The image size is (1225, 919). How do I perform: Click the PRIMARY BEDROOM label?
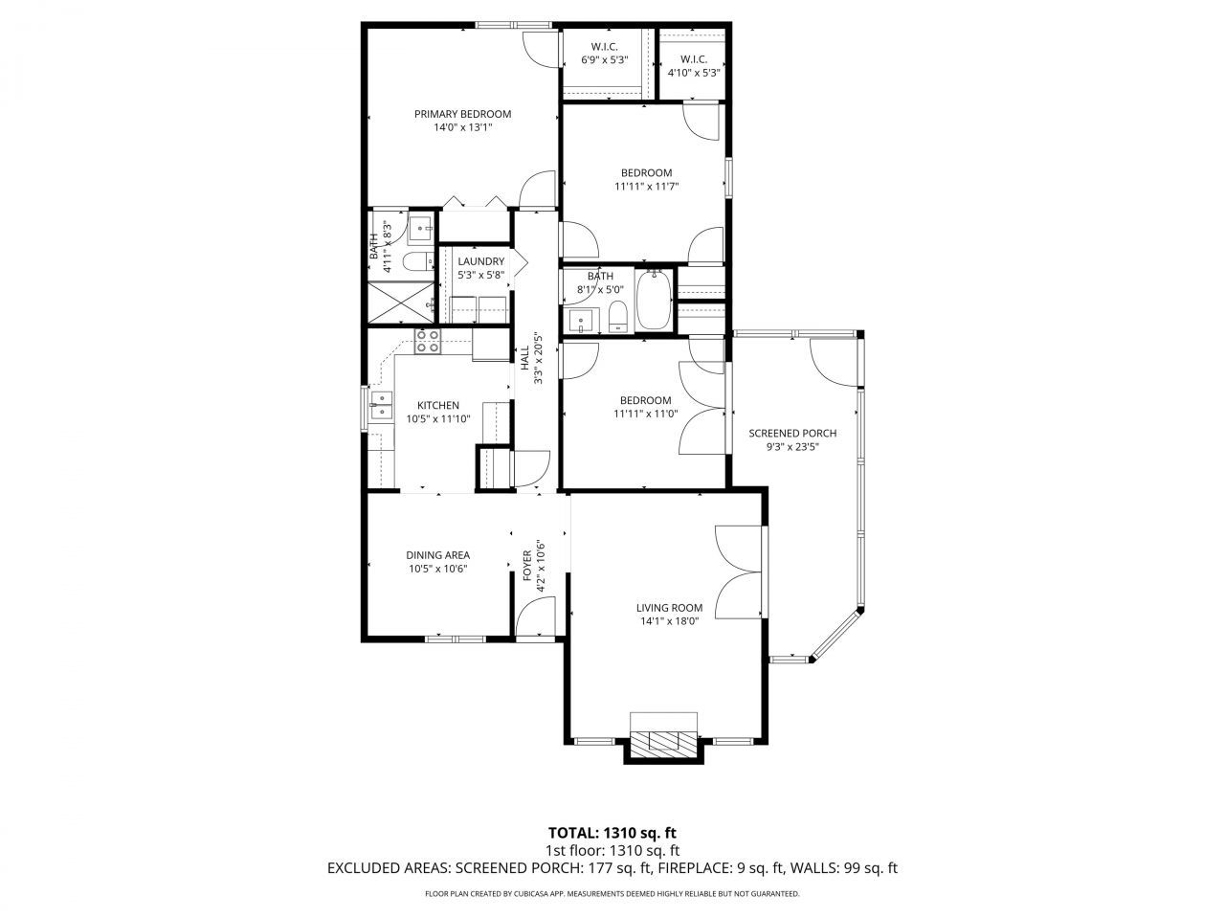[x=462, y=114]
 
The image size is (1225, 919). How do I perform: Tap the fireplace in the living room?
[x=663, y=739]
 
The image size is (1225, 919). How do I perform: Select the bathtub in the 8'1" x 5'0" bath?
[x=656, y=301]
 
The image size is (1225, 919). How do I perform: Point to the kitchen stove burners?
[x=427, y=341]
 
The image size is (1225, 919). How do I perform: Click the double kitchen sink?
[x=380, y=406]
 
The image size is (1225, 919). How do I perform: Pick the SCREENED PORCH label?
[x=792, y=433]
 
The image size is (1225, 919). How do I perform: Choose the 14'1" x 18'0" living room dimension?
[x=669, y=621]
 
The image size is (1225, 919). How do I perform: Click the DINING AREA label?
[x=437, y=555]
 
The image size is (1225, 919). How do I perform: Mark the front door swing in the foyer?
[x=532, y=619]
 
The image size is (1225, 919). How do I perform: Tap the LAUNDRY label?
[x=480, y=261]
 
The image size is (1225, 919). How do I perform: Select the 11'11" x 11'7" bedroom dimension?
[x=646, y=187]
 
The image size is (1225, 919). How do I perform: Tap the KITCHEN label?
[x=437, y=405]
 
